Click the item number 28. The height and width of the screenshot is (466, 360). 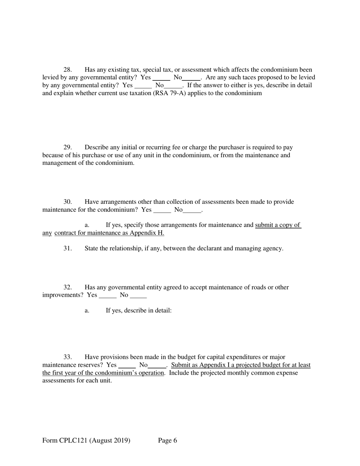[x=67, y=70]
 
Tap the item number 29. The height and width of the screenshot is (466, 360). [x=67, y=147]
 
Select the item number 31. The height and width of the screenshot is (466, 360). [x=67, y=249]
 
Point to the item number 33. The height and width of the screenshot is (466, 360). [x=67, y=357]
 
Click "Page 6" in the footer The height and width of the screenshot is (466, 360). [x=167, y=441]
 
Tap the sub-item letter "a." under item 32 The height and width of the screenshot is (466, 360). [x=87, y=311]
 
